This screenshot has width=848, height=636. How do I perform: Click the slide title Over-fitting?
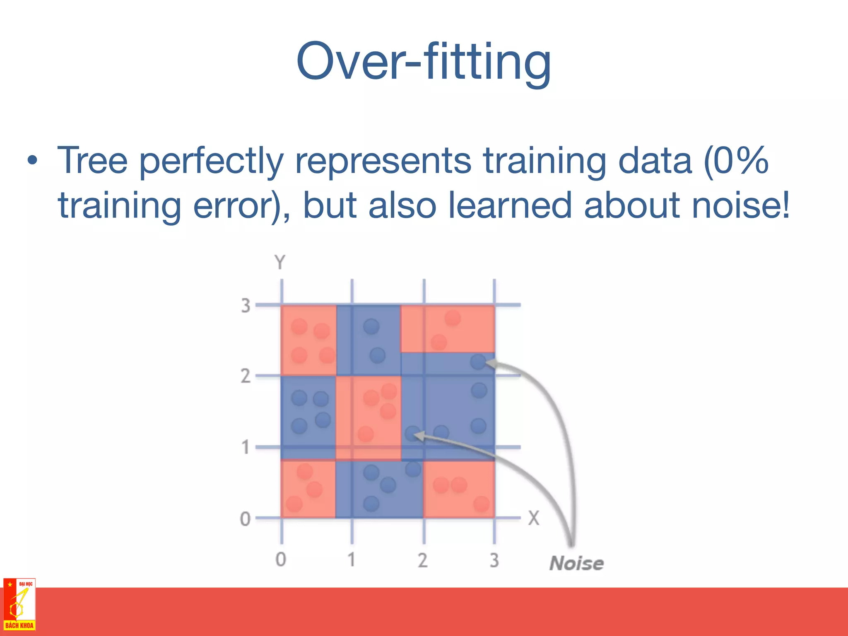(424, 62)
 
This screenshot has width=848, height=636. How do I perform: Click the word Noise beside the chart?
(576, 564)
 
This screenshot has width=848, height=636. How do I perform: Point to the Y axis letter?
(280, 263)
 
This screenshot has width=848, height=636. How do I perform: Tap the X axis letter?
(533, 518)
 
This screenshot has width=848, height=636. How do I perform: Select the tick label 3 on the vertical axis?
(246, 306)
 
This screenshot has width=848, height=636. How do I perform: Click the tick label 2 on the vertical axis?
(246, 376)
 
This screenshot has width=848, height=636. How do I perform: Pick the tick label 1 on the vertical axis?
(246, 448)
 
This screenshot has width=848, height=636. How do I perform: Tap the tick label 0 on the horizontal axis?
(281, 560)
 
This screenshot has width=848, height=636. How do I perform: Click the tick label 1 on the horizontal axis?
(352, 560)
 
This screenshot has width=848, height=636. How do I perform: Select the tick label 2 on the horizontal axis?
(422, 560)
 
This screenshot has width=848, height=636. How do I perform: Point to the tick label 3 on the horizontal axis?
(494, 560)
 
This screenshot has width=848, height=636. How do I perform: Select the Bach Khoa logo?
(19, 604)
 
